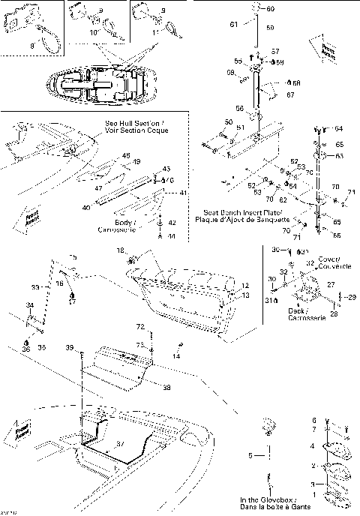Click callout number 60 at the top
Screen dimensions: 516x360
click(271, 8)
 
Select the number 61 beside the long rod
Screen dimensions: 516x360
click(233, 25)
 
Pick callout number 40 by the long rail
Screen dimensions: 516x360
click(86, 207)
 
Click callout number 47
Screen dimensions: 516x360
click(99, 187)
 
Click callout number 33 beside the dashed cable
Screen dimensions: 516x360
click(35, 286)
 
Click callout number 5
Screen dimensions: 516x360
click(251, 455)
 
